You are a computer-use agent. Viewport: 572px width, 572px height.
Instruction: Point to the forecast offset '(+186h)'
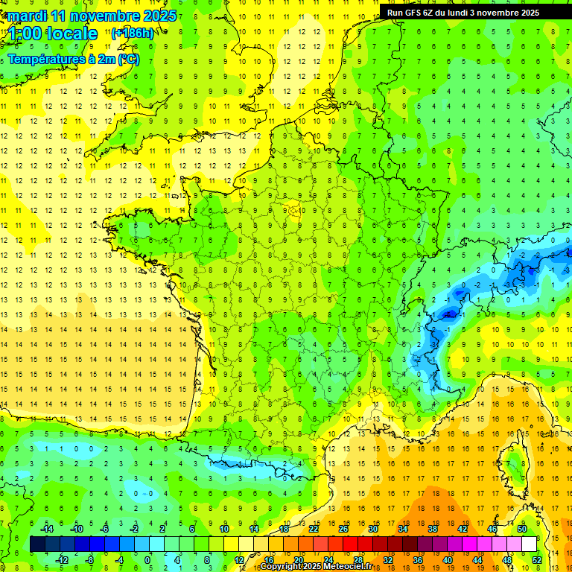click(133, 33)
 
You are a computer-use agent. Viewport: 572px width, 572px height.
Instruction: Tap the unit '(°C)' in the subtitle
click(128, 59)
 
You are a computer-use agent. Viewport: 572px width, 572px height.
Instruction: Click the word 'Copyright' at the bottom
click(282, 567)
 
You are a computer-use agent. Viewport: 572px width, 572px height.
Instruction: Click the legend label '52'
click(537, 559)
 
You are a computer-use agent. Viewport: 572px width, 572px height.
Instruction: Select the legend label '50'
click(522, 528)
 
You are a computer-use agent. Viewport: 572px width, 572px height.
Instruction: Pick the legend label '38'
click(433, 528)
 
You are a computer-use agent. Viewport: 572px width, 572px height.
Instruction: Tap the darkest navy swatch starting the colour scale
click(37, 544)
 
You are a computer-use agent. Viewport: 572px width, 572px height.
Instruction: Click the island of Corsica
click(512, 465)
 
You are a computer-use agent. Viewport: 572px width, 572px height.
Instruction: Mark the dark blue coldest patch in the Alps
click(448, 314)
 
